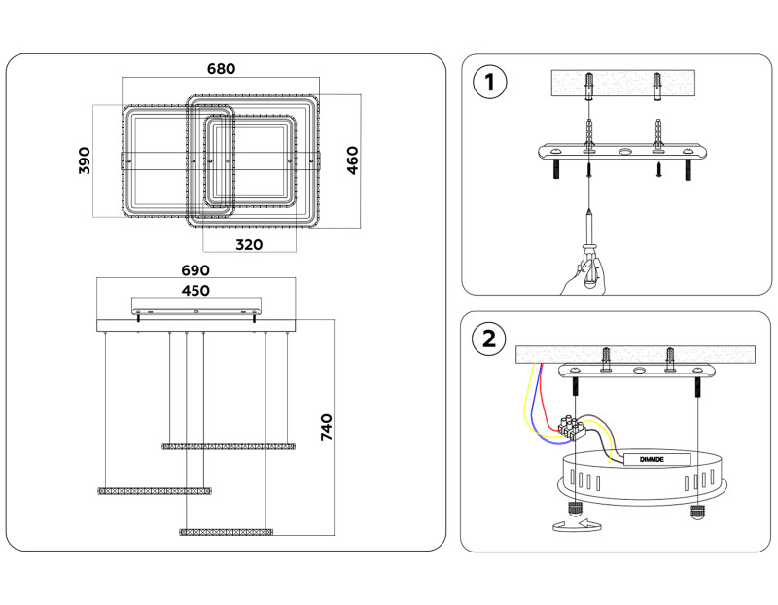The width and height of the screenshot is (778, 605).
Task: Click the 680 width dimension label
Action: pos(222,69)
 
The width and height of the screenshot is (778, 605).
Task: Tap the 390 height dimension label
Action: pos(84,160)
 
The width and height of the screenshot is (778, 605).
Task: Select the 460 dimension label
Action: pos(353,160)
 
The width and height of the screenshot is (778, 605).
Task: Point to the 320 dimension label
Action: pos(249,245)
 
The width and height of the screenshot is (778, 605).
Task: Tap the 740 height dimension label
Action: pos(327,426)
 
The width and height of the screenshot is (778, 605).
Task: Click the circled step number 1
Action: pos(489,82)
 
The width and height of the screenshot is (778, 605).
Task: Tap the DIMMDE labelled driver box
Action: pos(651,459)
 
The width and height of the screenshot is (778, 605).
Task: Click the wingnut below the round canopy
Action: pos(574,525)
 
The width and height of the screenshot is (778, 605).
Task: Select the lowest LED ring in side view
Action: pos(227,532)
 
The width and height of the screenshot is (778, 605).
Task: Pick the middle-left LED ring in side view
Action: pos(154,489)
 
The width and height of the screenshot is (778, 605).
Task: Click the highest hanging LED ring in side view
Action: pos(228,445)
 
